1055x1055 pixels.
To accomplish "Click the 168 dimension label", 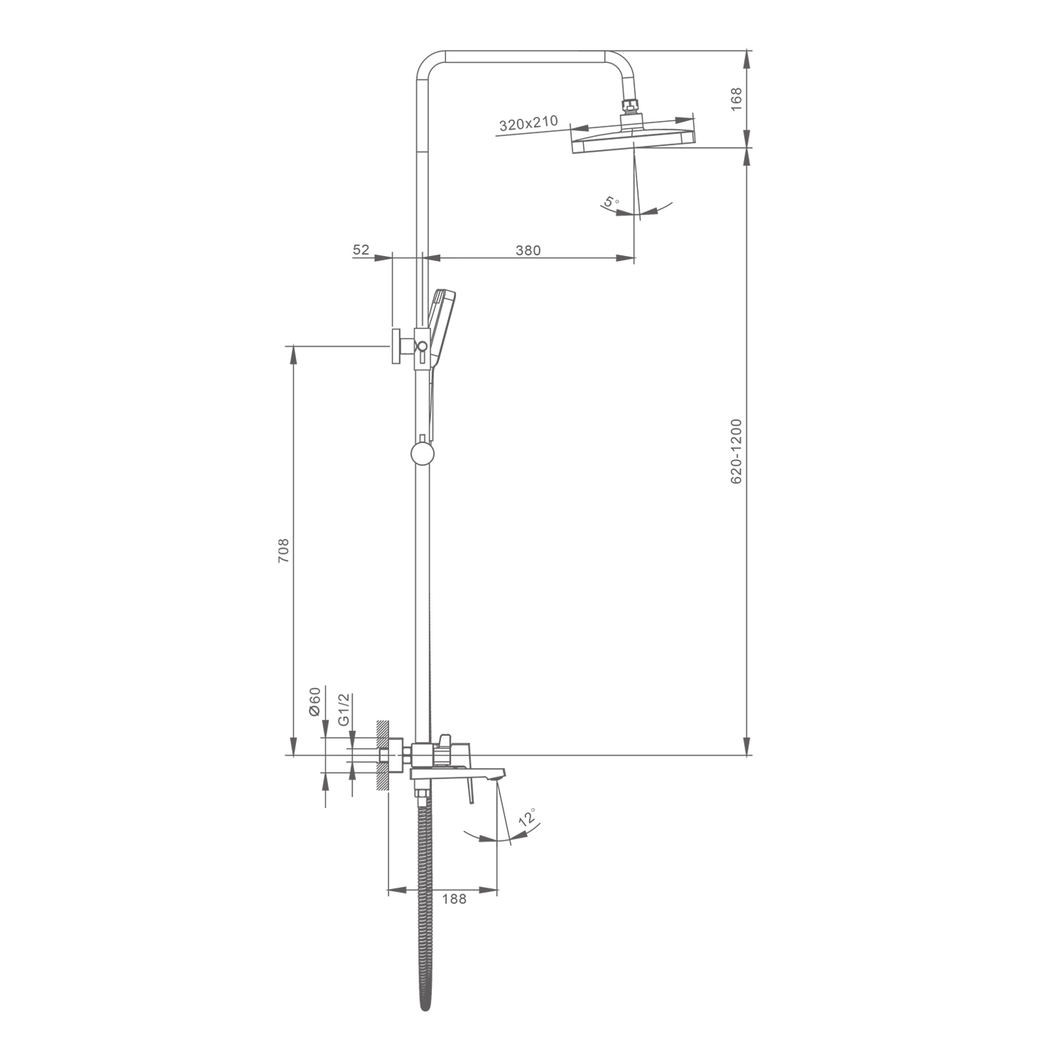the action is tap(736, 99).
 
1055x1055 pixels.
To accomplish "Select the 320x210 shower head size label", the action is tap(528, 124).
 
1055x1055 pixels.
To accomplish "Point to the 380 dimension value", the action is tap(528, 250).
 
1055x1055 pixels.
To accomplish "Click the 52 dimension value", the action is tap(361, 250).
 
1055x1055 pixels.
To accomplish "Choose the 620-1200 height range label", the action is tap(736, 452).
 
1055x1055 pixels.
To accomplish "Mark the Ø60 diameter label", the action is tap(314, 701).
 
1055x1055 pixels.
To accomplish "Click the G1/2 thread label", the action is tap(344, 710).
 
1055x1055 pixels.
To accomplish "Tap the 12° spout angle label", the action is tap(527, 818).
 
